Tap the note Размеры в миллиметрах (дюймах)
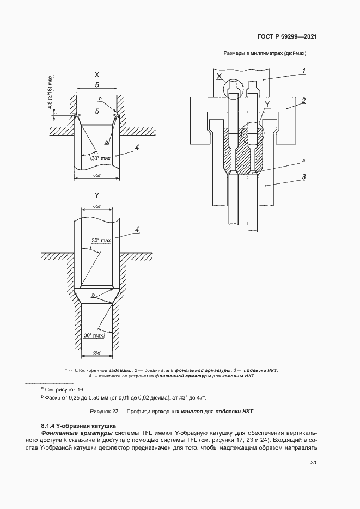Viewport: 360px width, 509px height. pos(266,54)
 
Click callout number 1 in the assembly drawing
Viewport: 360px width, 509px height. pos(303,70)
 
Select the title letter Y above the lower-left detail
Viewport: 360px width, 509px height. pos(96,195)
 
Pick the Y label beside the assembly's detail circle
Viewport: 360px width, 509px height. pos(267,103)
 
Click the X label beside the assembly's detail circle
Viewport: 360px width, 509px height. pos(219,77)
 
